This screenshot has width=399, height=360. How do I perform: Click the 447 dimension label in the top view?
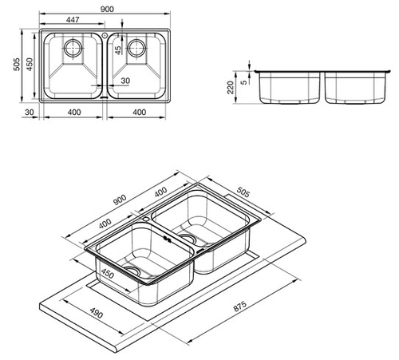click(x=73, y=20)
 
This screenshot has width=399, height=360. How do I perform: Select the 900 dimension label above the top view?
click(x=107, y=9)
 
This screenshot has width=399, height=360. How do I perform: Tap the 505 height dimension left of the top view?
click(x=17, y=64)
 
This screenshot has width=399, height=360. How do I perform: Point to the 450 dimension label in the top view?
click(x=29, y=64)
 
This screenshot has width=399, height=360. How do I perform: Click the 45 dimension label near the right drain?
click(x=118, y=50)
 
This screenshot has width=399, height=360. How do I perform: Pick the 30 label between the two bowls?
click(x=125, y=81)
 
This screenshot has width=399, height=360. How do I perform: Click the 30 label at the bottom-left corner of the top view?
click(x=30, y=112)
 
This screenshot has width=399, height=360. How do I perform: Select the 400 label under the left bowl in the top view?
click(x=74, y=112)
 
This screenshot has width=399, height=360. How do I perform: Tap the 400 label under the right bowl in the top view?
click(x=139, y=112)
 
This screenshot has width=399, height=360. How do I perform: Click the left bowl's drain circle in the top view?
click(x=73, y=48)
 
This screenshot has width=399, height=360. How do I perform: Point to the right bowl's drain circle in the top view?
click(x=136, y=48)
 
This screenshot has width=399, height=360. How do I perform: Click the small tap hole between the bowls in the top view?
click(x=105, y=35)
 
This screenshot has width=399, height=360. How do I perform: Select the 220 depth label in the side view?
click(x=231, y=87)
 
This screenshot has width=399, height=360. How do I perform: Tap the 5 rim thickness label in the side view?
click(x=243, y=82)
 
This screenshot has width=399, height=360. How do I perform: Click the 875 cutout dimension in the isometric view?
click(x=240, y=307)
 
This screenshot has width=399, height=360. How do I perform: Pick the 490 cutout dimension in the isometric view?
click(x=96, y=313)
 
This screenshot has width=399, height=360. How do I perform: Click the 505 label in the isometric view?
click(x=243, y=192)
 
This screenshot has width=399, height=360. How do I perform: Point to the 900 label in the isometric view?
click(x=120, y=200)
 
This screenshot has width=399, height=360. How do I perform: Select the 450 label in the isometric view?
click(x=108, y=274)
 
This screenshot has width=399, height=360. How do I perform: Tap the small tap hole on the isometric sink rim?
click(x=146, y=220)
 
